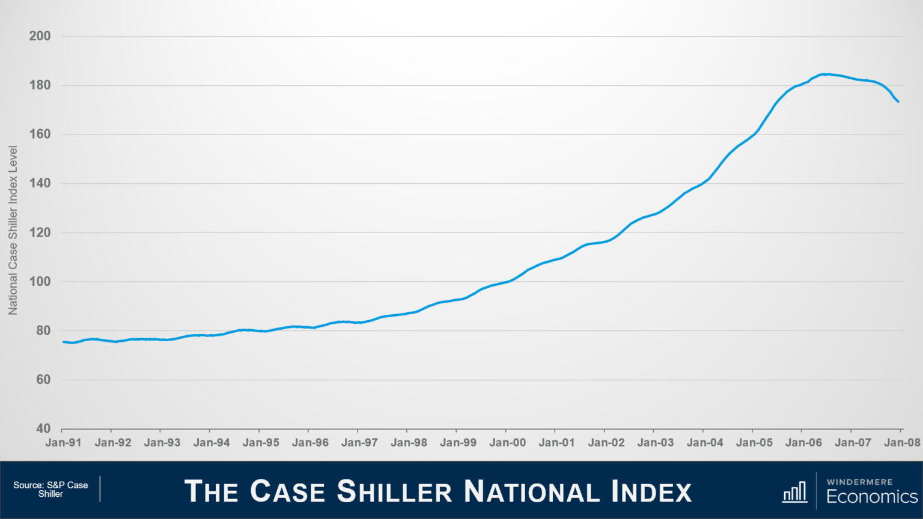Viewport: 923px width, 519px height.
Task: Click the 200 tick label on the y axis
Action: point(40,36)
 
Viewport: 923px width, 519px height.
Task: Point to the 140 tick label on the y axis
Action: point(40,183)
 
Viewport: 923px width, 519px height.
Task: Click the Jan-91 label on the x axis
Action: point(64,443)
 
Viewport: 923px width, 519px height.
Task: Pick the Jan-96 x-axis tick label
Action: point(310,443)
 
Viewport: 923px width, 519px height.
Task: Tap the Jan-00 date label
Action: point(507,443)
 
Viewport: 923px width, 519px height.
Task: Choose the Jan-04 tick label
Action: point(705,443)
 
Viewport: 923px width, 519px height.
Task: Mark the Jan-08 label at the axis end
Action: point(902,443)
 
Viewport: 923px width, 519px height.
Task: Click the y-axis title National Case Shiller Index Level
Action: point(13,230)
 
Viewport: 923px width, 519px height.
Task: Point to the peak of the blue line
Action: point(827,74)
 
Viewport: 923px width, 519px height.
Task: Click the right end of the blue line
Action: point(898,102)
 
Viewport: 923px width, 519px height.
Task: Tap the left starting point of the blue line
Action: point(64,342)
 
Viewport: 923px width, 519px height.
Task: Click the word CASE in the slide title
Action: point(287,491)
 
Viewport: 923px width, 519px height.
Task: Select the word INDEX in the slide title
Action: point(651,491)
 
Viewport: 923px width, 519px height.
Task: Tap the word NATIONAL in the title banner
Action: point(531,491)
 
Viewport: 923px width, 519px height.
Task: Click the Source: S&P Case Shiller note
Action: point(50,489)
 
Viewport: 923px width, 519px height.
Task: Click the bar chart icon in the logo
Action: point(794,491)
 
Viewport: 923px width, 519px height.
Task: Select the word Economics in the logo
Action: point(872,496)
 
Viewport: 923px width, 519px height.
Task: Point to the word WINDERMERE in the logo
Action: point(859,482)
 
